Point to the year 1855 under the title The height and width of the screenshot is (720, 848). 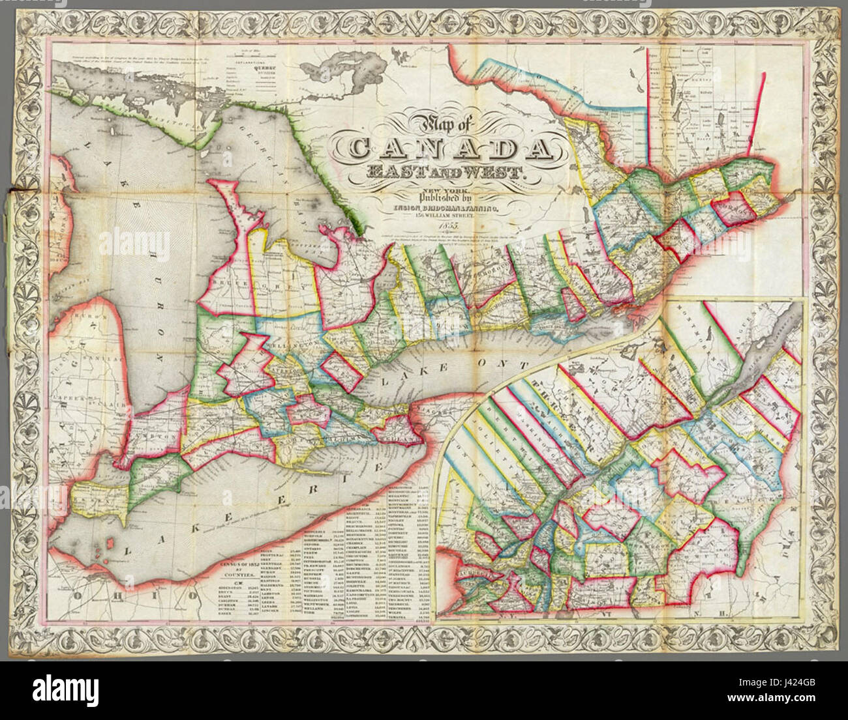point(447,225)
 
